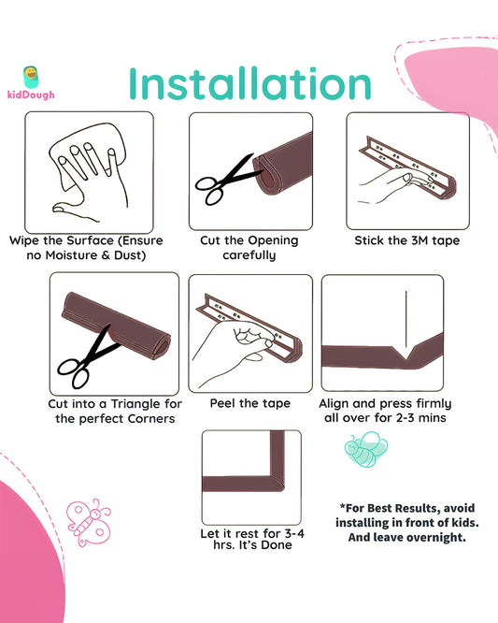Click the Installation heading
coord(250,83)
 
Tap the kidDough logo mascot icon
coord(31,77)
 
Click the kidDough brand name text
coord(31,94)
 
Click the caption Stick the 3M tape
coord(407,240)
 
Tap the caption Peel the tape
coord(250,403)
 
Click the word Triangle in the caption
coord(135,404)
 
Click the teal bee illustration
coord(366,449)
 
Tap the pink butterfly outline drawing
coord(89,522)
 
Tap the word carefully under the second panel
coord(249,255)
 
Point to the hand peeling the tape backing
coord(235,350)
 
